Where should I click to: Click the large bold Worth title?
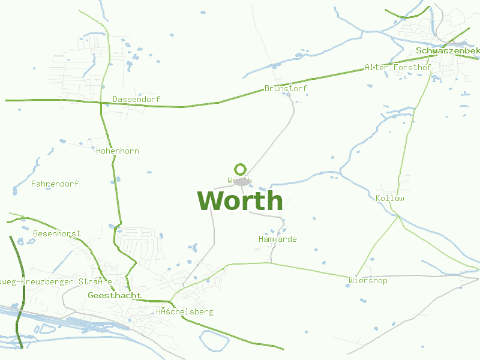tap(240, 200)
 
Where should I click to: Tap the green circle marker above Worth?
tap(241, 169)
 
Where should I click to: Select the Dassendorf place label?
tap(136, 99)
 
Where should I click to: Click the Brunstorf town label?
tap(286, 88)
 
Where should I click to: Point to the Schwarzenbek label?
tap(448, 51)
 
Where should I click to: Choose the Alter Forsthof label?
tap(398, 68)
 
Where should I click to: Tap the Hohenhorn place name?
tap(117, 151)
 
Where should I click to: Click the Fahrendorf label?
tap(55, 184)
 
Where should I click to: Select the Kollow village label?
tap(389, 198)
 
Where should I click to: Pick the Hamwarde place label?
tap(277, 239)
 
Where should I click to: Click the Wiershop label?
tap(368, 280)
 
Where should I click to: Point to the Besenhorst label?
tap(56, 233)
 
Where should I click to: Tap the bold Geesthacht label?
tap(115, 295)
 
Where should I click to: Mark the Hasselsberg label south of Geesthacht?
tap(184, 311)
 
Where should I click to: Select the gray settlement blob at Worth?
tap(241, 181)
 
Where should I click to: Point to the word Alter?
tap(377, 68)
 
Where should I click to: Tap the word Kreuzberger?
tap(45, 281)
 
